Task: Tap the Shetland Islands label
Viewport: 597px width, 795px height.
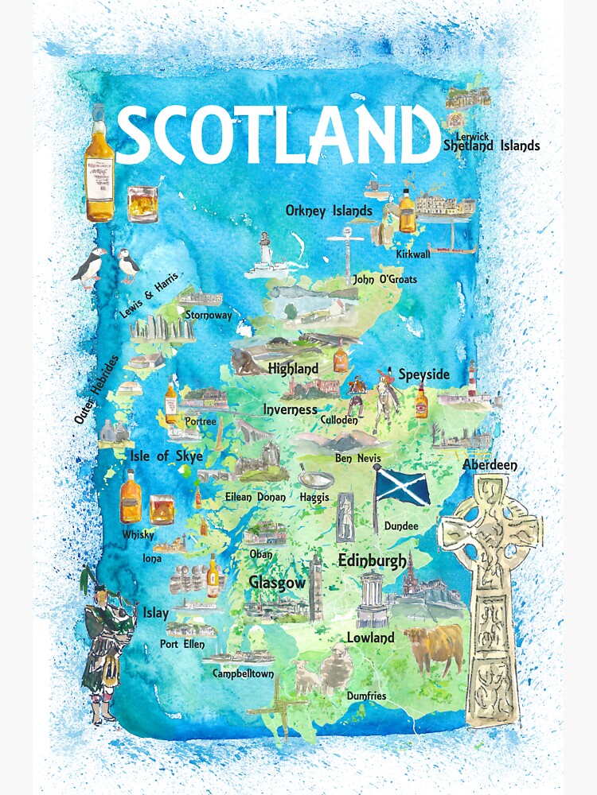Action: (x=491, y=145)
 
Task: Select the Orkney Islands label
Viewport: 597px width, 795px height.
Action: (x=329, y=211)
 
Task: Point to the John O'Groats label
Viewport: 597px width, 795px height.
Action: (x=384, y=280)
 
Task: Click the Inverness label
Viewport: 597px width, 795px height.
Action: (x=291, y=409)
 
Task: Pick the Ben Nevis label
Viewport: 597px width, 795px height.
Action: (x=357, y=459)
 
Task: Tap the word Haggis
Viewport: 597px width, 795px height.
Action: (x=314, y=497)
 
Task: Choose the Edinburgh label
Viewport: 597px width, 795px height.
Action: (x=372, y=560)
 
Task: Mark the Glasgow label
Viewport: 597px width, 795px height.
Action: (x=276, y=583)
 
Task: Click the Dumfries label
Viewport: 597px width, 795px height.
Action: (x=366, y=696)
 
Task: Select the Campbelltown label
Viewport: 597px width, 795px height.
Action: (x=243, y=673)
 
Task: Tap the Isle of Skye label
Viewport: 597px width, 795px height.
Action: (x=166, y=456)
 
